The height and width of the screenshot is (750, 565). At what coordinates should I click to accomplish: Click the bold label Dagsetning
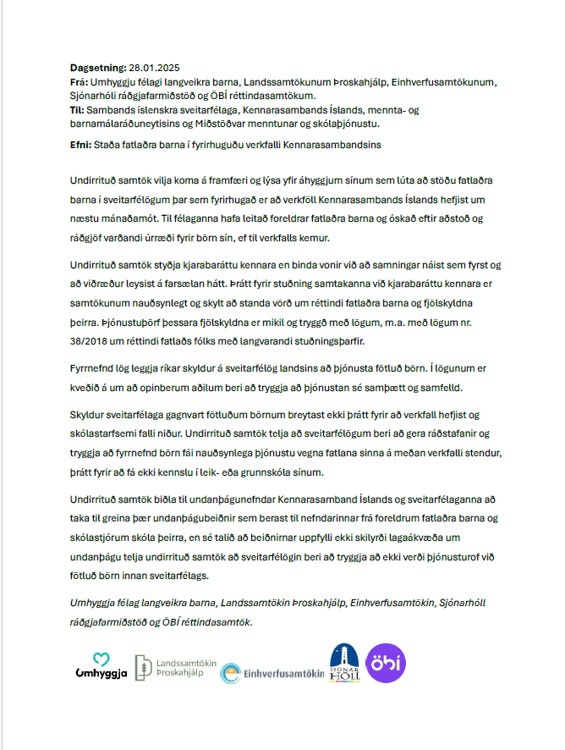tap(96, 66)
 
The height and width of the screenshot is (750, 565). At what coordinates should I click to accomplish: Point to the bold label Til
tap(80, 111)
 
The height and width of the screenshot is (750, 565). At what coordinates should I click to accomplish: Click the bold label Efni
tap(82, 145)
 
